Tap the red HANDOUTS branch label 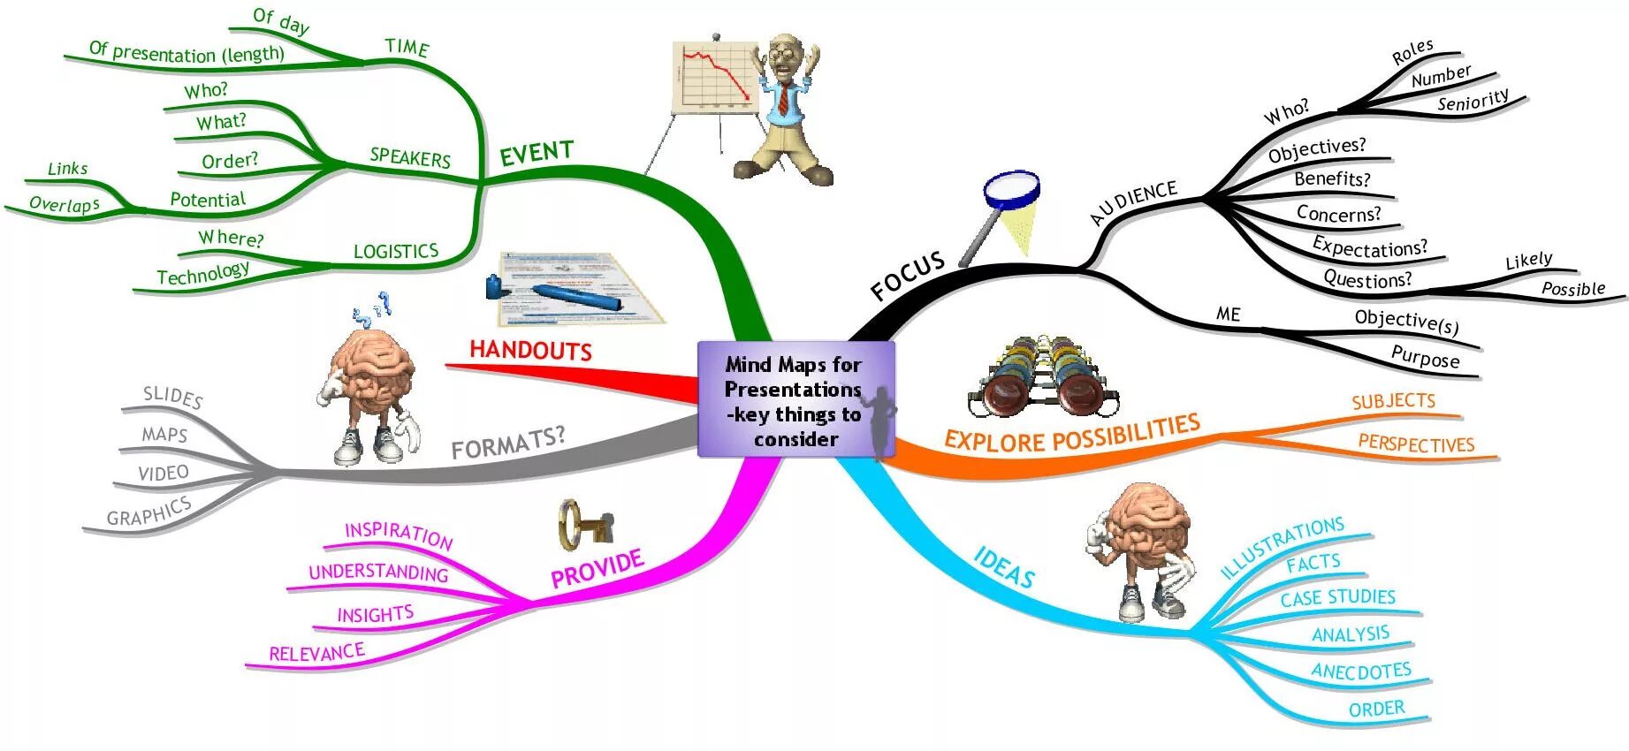[530, 350]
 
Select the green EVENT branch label [537, 153]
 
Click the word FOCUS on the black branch [907, 276]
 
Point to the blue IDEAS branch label [1004, 567]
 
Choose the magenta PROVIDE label [597, 569]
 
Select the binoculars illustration [1043, 375]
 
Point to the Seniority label [1473, 101]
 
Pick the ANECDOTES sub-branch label [1361, 671]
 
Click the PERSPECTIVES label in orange [1416, 444]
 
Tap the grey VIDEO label [164, 473]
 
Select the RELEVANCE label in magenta [316, 653]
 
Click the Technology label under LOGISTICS [203, 274]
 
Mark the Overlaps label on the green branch [65, 204]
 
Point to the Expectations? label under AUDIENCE [1369, 247]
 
